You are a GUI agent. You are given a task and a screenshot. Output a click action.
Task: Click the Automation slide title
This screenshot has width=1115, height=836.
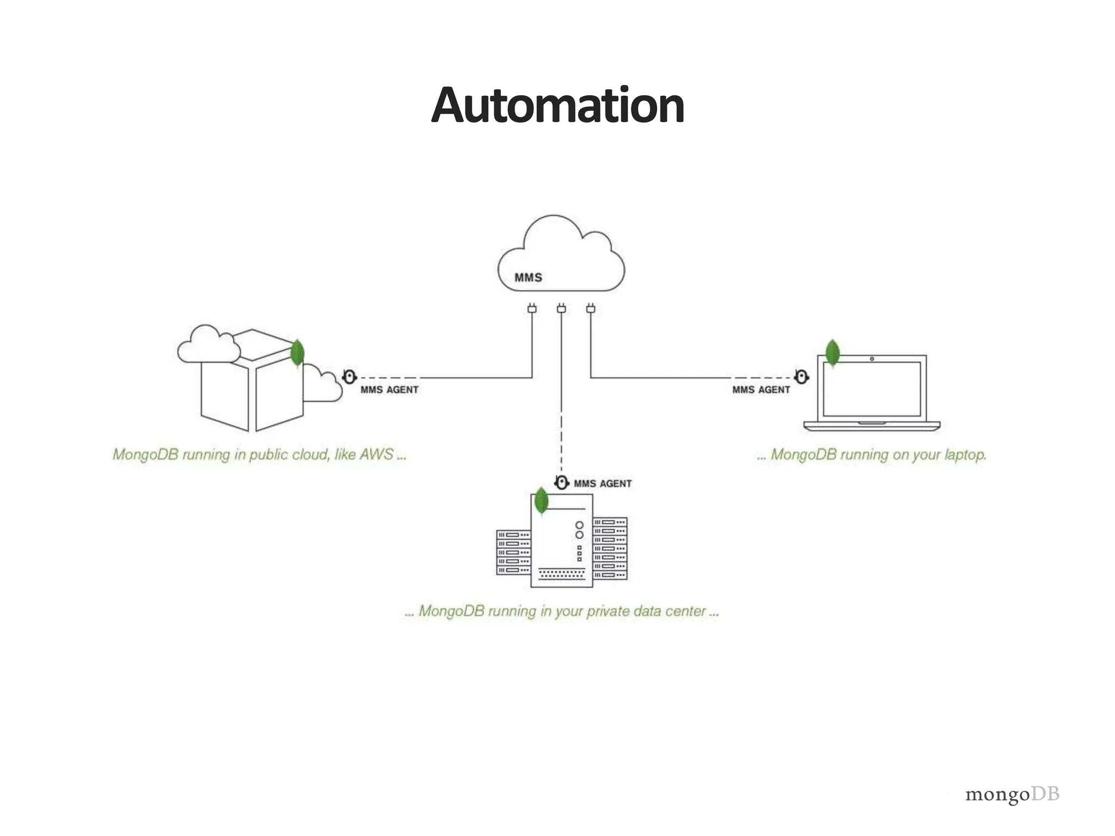click(557, 106)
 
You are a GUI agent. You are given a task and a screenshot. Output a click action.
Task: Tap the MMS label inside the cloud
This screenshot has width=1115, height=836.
click(528, 278)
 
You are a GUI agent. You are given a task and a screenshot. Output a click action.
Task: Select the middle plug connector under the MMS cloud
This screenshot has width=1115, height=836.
click(561, 309)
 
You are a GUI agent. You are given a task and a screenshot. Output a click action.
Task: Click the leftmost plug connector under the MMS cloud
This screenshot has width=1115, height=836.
click(532, 309)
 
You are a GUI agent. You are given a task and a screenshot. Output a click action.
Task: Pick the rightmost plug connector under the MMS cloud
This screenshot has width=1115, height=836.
click(591, 309)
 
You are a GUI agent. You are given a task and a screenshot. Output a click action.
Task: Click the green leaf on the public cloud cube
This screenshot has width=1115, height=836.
click(297, 353)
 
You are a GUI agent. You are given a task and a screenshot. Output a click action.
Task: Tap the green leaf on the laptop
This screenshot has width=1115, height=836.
click(832, 353)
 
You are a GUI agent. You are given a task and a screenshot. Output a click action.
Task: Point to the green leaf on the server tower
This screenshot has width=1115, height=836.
click(541, 501)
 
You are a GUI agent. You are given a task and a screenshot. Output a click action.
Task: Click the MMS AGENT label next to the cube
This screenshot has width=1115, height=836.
click(389, 390)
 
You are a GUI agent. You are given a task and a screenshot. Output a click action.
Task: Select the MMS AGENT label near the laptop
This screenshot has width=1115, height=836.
click(761, 390)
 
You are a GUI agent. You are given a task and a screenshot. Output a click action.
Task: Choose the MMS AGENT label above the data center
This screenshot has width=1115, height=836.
click(603, 483)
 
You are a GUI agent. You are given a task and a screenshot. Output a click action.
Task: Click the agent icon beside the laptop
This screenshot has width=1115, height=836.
click(801, 377)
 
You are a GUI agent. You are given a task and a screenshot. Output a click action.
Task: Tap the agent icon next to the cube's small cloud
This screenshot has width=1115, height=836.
click(350, 377)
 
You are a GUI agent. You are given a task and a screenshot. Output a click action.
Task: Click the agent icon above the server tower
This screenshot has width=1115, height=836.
click(561, 482)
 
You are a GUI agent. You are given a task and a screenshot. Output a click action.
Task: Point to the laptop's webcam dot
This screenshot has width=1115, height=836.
click(872, 359)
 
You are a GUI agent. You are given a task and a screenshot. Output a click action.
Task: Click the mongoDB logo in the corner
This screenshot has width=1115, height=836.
click(1012, 794)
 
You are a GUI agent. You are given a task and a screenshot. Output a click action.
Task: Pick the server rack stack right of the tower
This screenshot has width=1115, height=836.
click(610, 548)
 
